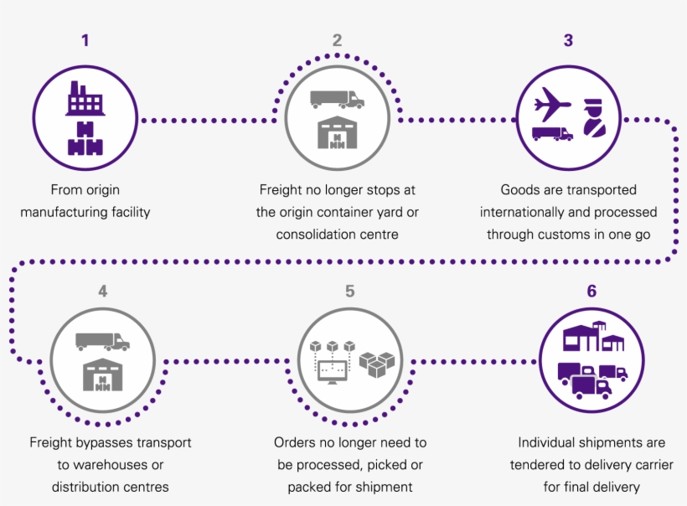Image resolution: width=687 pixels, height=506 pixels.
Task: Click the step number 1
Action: point(85,39)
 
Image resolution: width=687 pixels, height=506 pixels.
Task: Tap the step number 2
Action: point(337,39)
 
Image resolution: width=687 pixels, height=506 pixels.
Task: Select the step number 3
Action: point(568,39)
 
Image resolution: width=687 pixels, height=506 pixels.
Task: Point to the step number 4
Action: point(102,291)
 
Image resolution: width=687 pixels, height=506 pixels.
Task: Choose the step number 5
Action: point(349,291)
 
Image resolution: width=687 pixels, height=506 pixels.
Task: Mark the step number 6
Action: point(591,291)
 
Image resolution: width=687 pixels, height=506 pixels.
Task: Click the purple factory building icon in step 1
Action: point(84,99)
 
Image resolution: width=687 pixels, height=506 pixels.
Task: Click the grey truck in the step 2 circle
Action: point(337,100)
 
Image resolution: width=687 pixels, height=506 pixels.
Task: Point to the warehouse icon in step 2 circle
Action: point(338,132)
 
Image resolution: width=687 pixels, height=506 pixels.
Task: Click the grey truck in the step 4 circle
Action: point(102,342)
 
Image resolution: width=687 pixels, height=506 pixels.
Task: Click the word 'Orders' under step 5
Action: point(294,442)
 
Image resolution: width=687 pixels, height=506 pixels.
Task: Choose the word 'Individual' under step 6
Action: point(550,442)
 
